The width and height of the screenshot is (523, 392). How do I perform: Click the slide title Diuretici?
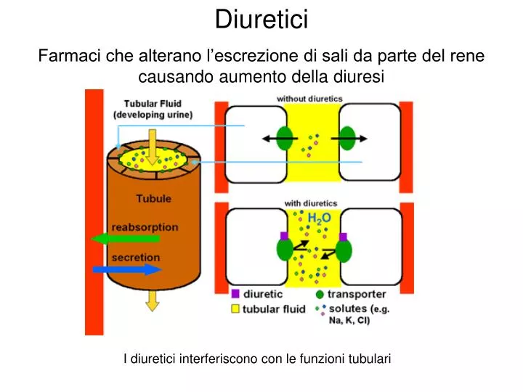261,19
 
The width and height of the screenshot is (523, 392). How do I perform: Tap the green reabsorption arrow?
126,239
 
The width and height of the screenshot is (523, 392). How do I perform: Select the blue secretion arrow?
127,269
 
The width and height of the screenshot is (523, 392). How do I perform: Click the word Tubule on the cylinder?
154,199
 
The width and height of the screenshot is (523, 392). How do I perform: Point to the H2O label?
319,219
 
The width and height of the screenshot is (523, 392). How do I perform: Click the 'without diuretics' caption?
309,99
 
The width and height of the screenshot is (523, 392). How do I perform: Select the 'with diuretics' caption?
311,203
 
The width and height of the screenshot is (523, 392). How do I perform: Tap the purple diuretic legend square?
235,294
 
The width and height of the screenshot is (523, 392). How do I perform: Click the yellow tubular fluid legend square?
235,309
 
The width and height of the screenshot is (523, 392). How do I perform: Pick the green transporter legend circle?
320,294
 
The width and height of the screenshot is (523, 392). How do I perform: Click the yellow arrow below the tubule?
153,301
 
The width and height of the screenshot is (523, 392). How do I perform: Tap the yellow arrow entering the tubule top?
153,147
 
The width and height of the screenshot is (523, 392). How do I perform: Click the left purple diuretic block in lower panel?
284,237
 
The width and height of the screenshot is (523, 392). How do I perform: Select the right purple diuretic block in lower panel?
343,237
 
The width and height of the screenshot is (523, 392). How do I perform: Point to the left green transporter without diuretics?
285,138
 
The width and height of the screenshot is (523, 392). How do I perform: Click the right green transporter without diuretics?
347,138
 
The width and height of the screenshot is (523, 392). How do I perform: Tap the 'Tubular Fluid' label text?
153,104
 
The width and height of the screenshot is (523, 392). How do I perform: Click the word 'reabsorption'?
145,227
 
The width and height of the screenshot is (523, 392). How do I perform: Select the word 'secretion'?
136,258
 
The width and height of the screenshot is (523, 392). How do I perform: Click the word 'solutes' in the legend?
348,309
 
